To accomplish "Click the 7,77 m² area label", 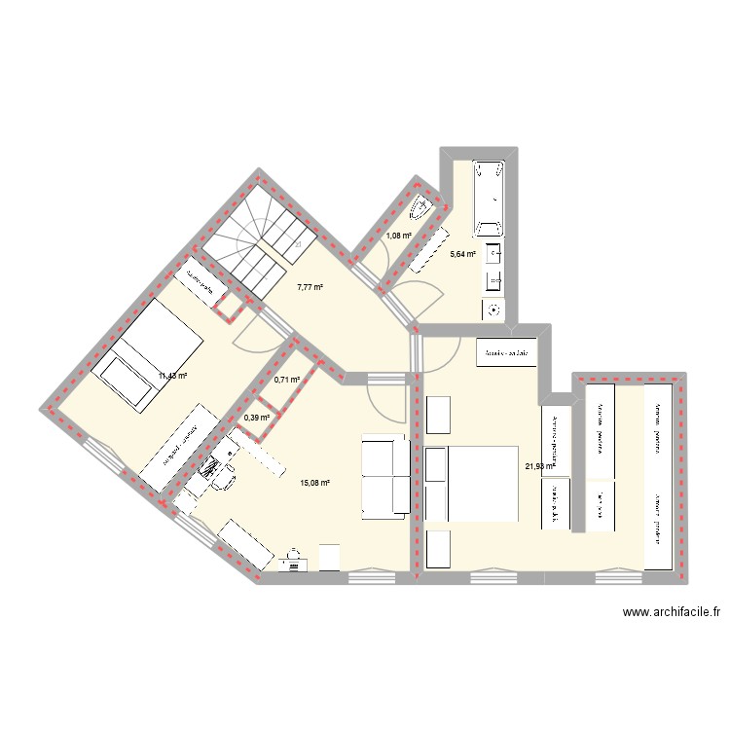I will coord(310,287).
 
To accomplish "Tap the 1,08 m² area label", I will coord(398,236).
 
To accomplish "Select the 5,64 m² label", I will coord(462,255).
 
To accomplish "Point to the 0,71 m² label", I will coord(286,381).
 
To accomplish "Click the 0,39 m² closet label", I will coord(256,418).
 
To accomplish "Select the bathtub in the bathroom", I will coord(489,198).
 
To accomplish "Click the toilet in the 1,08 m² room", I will coord(423,207).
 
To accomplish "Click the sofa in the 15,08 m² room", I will coord(384,477).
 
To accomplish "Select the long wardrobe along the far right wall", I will coord(659,478).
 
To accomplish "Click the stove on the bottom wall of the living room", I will coord(292,563).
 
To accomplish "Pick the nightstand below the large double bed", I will coord(438,549).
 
